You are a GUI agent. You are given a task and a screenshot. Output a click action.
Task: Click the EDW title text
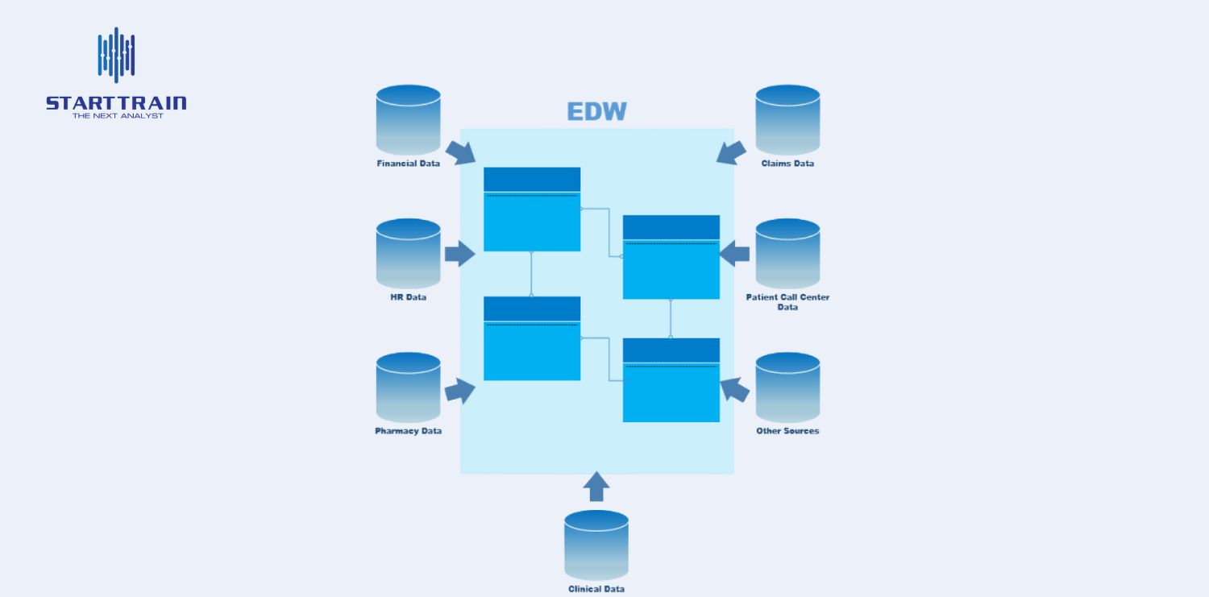[x=596, y=111]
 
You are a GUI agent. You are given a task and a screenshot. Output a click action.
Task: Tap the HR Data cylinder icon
[x=408, y=253]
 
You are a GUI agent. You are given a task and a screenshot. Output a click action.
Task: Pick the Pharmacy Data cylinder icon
[x=408, y=387]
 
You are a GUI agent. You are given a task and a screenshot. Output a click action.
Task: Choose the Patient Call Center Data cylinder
[x=787, y=253]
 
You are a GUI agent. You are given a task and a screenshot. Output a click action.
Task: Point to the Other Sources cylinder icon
[x=787, y=387]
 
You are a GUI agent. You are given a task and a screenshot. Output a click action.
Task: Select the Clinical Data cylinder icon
[x=596, y=545]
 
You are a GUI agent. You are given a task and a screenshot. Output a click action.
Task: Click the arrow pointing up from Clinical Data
[x=596, y=487]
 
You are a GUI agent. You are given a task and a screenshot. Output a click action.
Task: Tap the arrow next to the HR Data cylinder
[x=459, y=253]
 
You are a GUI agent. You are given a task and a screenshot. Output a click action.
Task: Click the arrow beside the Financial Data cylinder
[x=460, y=152]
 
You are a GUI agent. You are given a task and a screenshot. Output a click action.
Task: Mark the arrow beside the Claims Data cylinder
[x=731, y=152]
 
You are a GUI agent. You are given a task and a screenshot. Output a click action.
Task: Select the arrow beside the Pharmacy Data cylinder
[x=459, y=390]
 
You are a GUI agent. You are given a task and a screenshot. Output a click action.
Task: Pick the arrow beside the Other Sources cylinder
[x=734, y=390]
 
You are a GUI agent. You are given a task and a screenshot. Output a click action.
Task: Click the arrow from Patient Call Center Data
[x=734, y=254]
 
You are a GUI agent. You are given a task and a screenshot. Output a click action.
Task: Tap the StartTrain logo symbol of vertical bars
[x=116, y=55]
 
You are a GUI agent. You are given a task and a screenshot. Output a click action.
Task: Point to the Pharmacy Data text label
[x=408, y=431]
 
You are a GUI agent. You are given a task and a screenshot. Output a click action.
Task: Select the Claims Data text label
[x=787, y=164]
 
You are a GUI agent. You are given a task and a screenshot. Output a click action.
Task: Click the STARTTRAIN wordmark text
[x=116, y=103]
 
